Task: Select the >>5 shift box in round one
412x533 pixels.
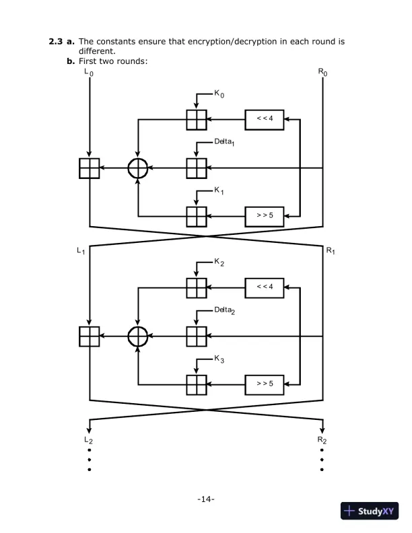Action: pyautogui.click(x=265, y=215)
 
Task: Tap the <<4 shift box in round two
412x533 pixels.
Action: pyautogui.click(x=265, y=286)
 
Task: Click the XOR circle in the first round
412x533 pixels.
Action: pyautogui.click(x=138, y=169)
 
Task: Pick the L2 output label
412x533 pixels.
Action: pyautogui.click(x=90, y=439)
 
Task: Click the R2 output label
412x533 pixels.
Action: pyautogui.click(x=324, y=439)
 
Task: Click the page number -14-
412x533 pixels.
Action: pyautogui.click(x=205, y=499)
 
